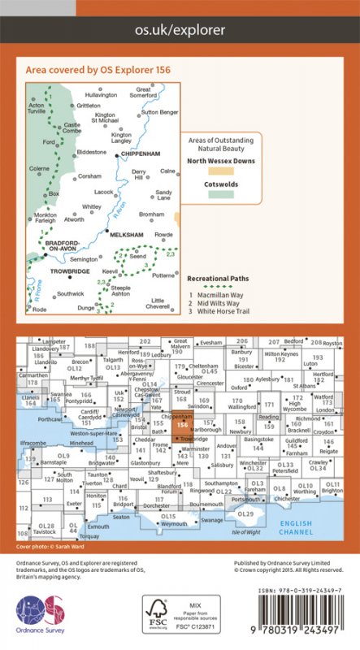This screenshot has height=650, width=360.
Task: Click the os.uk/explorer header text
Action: point(180,29)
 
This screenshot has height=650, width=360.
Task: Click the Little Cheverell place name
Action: point(163,303)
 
